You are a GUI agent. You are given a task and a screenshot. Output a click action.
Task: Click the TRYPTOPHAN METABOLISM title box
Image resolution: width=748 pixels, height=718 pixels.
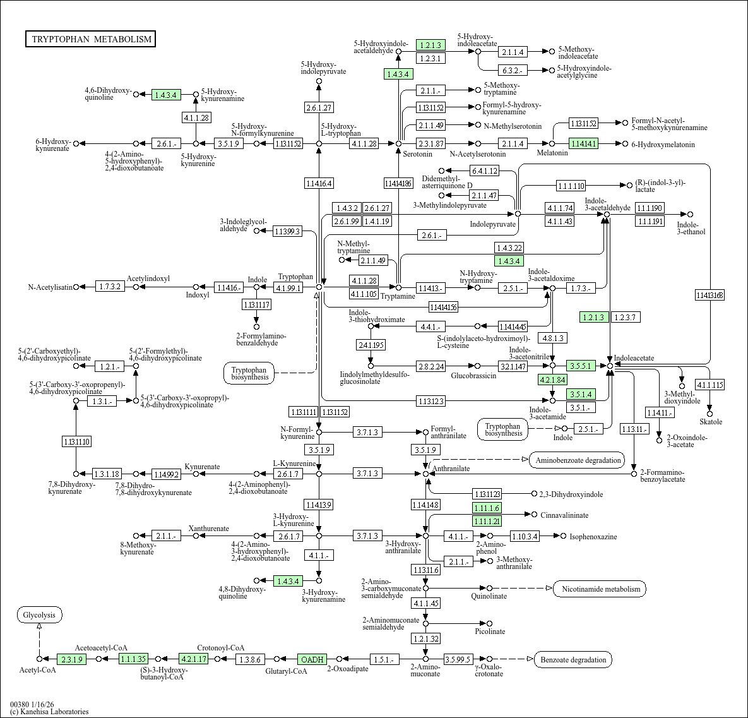point(92,39)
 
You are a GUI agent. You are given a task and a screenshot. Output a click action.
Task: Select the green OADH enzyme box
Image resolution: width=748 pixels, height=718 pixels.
point(312,660)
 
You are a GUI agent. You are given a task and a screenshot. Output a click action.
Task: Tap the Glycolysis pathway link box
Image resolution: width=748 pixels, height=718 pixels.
point(39,615)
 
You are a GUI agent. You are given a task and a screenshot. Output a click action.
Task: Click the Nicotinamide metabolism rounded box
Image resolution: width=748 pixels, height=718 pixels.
point(600,589)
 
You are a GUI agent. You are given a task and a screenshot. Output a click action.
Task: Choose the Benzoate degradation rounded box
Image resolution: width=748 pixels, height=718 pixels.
point(573,660)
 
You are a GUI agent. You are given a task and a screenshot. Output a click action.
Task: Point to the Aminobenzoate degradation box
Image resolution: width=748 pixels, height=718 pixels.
point(578,460)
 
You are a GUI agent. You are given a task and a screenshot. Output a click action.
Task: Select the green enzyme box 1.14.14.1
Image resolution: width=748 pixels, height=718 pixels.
point(583,144)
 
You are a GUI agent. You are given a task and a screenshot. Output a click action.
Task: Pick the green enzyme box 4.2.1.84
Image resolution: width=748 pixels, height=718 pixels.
point(552,380)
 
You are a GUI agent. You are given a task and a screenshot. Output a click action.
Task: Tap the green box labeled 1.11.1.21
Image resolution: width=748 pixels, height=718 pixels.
point(487,521)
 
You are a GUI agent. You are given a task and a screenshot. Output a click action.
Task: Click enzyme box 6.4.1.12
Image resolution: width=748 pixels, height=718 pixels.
point(484,171)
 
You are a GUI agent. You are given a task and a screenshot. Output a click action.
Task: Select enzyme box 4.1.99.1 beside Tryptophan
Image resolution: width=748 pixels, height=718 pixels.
point(288,287)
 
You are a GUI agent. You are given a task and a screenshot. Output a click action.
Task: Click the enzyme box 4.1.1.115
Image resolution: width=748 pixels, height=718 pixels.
point(709,385)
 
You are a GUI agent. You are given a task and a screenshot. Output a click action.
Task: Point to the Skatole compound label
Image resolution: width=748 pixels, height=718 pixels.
point(711,421)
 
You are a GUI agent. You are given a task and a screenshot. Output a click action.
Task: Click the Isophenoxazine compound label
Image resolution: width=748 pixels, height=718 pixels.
point(593,537)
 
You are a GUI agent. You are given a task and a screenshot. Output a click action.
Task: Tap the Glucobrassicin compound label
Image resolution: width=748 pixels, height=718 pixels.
point(473,376)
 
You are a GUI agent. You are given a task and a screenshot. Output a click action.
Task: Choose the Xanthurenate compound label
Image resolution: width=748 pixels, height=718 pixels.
point(208,529)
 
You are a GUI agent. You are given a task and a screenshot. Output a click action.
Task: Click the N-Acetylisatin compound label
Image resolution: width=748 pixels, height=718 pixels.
point(50,287)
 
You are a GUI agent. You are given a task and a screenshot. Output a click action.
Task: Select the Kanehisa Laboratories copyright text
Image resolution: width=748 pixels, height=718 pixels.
point(49,712)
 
